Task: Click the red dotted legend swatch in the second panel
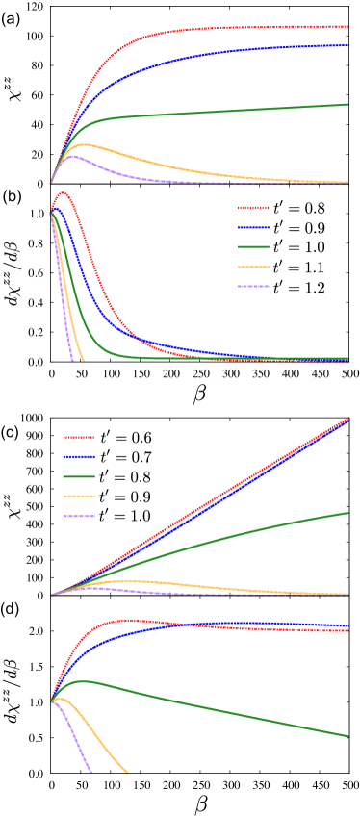coord(253,208)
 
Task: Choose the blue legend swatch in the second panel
coord(253,228)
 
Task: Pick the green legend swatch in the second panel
coord(253,247)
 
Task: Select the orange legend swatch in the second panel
coord(253,267)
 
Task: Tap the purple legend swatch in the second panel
coord(253,287)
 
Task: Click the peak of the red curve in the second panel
coord(64,192)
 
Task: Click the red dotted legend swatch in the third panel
coord(79,438)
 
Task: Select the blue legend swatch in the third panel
coord(79,457)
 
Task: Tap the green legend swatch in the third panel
coord(79,477)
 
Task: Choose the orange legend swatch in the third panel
coord(79,497)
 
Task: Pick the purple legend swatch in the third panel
coord(79,517)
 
